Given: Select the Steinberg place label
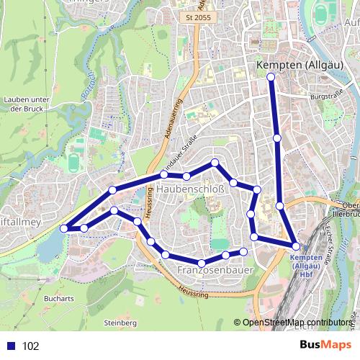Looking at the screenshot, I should tap(120, 323).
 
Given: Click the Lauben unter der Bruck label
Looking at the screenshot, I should tap(25, 104).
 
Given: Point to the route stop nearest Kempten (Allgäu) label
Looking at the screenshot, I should tap(271, 76).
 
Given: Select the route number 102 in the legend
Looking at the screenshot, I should tap(31, 346).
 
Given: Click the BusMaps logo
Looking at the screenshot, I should tap(321, 345).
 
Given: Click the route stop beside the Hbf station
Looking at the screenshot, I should tap(295, 246).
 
